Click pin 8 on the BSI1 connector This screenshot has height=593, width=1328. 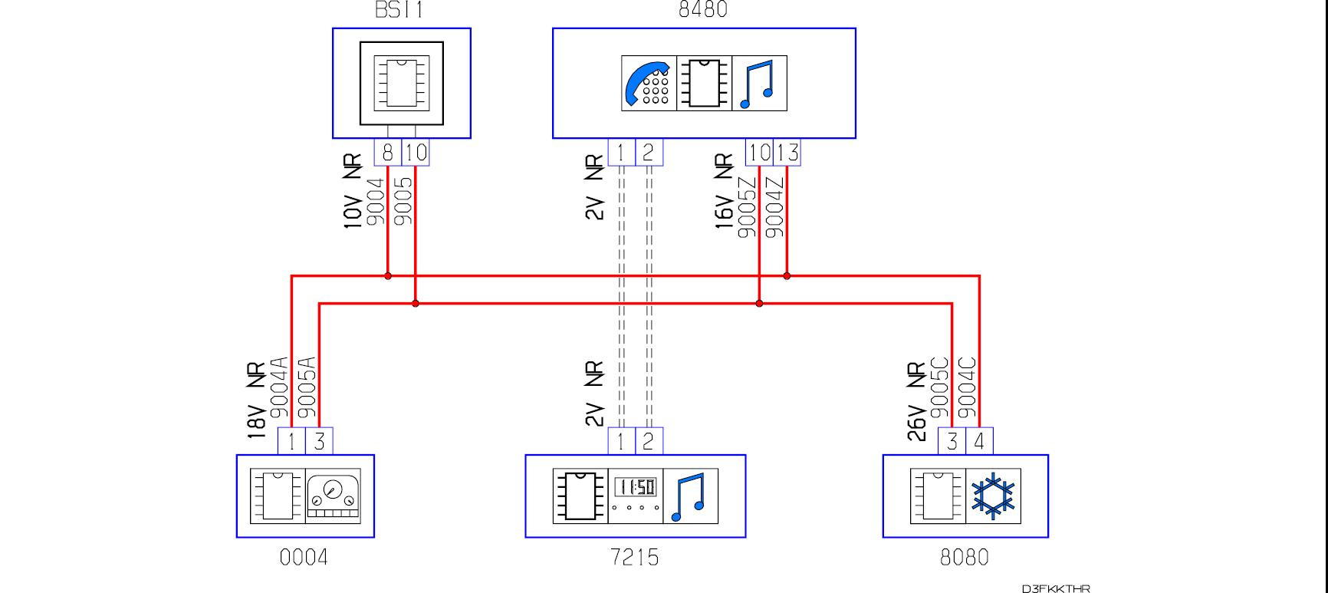coord(387,153)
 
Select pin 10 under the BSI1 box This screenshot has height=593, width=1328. coord(416,153)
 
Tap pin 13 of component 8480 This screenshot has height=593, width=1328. coord(787,153)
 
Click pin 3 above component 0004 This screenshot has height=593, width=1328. coord(319,441)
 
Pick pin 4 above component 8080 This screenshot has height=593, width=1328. coord(979,441)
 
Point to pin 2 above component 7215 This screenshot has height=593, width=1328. coord(649,441)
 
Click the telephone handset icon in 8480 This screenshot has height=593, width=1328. coord(649,83)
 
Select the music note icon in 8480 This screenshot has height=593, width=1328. coord(760,83)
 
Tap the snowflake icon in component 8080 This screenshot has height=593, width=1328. coord(993,496)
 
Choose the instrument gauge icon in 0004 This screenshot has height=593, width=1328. coord(333,496)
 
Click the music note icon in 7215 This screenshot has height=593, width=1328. coord(690,496)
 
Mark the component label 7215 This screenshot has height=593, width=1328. coord(635,557)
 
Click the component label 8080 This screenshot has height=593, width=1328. coord(965,557)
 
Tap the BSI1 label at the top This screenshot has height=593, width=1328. coord(399,9)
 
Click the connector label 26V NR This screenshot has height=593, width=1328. coord(917,401)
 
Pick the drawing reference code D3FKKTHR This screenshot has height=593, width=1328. coord(1055,588)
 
